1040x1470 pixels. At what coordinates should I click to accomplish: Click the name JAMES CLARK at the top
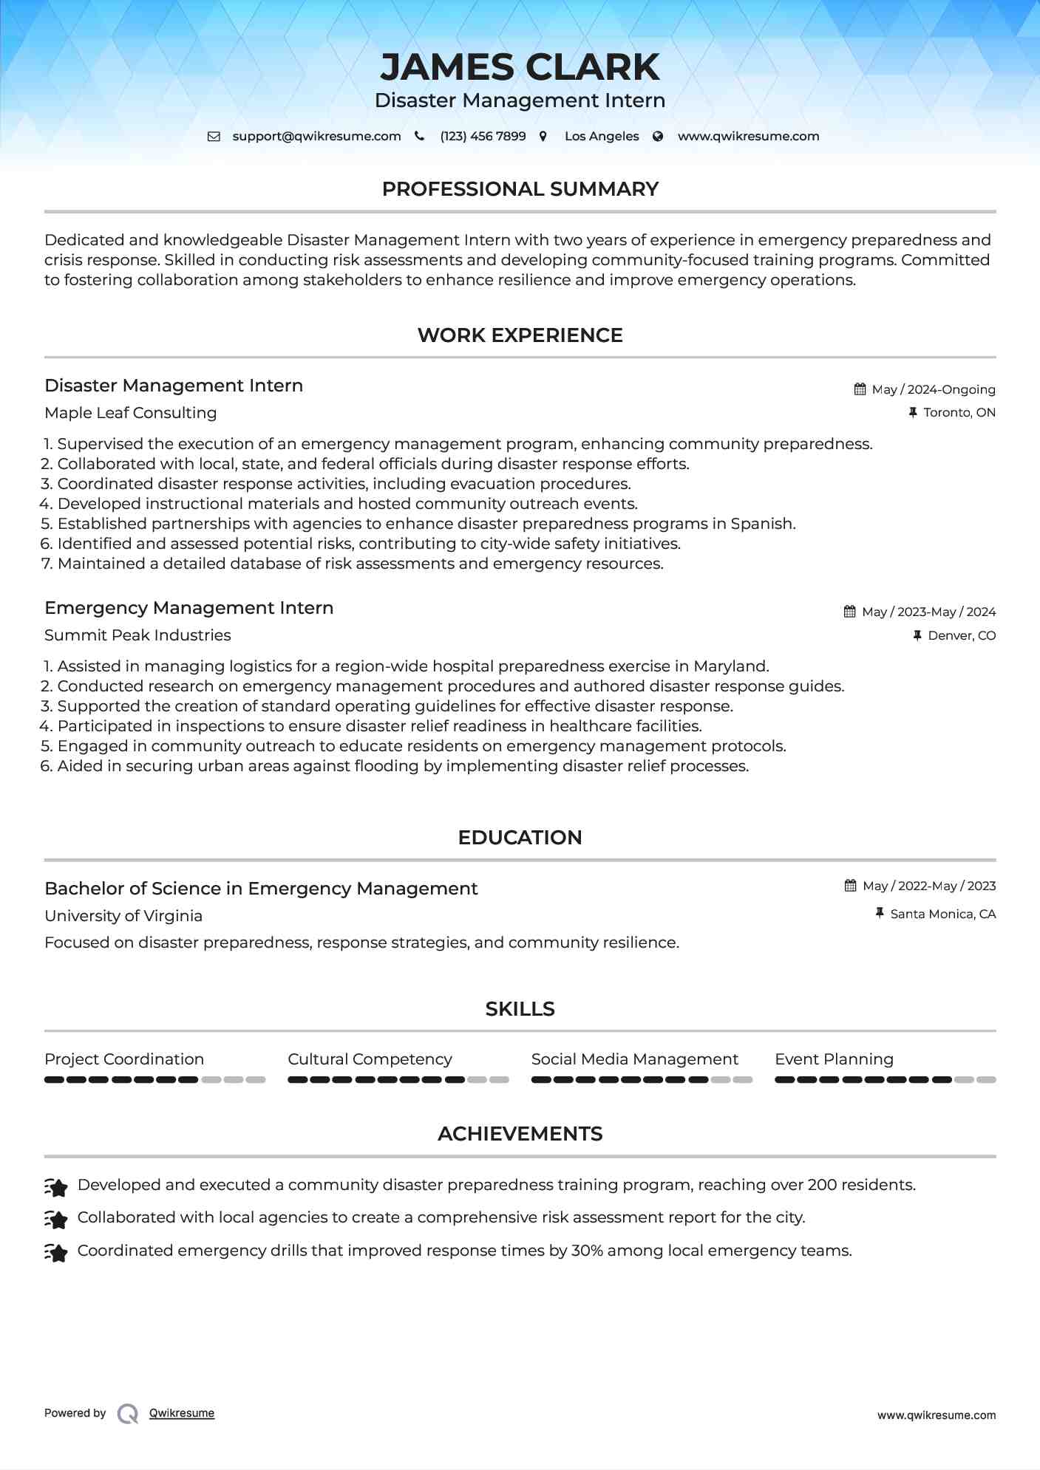(x=520, y=67)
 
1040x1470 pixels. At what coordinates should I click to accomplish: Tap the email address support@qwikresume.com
(x=316, y=137)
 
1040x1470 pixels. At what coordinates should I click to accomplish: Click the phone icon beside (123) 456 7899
(x=420, y=136)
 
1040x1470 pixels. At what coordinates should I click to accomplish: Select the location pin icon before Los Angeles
(x=543, y=136)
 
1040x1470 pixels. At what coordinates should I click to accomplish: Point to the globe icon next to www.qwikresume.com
(x=658, y=136)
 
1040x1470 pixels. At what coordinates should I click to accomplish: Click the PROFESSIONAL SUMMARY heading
(x=520, y=189)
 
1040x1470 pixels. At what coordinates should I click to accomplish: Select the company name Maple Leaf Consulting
(x=131, y=413)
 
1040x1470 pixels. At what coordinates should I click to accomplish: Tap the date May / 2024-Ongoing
(x=934, y=390)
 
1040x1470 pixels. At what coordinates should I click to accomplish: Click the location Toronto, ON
(x=959, y=413)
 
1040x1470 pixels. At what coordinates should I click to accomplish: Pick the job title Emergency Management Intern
(x=189, y=608)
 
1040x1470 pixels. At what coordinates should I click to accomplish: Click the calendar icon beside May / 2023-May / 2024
(x=850, y=612)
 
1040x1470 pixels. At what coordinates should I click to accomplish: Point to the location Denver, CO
(x=962, y=636)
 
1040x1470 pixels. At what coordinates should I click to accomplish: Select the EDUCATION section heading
(x=520, y=838)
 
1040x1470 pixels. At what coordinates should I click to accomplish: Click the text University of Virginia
(x=123, y=916)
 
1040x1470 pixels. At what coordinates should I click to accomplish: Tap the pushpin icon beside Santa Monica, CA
(x=880, y=914)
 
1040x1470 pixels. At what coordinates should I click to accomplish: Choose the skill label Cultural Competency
(x=370, y=1059)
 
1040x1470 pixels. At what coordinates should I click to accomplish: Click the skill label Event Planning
(x=834, y=1059)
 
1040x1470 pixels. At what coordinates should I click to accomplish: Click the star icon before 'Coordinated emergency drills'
(x=56, y=1253)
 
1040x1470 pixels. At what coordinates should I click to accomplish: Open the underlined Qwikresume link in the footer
(x=182, y=1413)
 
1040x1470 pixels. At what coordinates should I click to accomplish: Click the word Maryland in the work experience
(x=730, y=666)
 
